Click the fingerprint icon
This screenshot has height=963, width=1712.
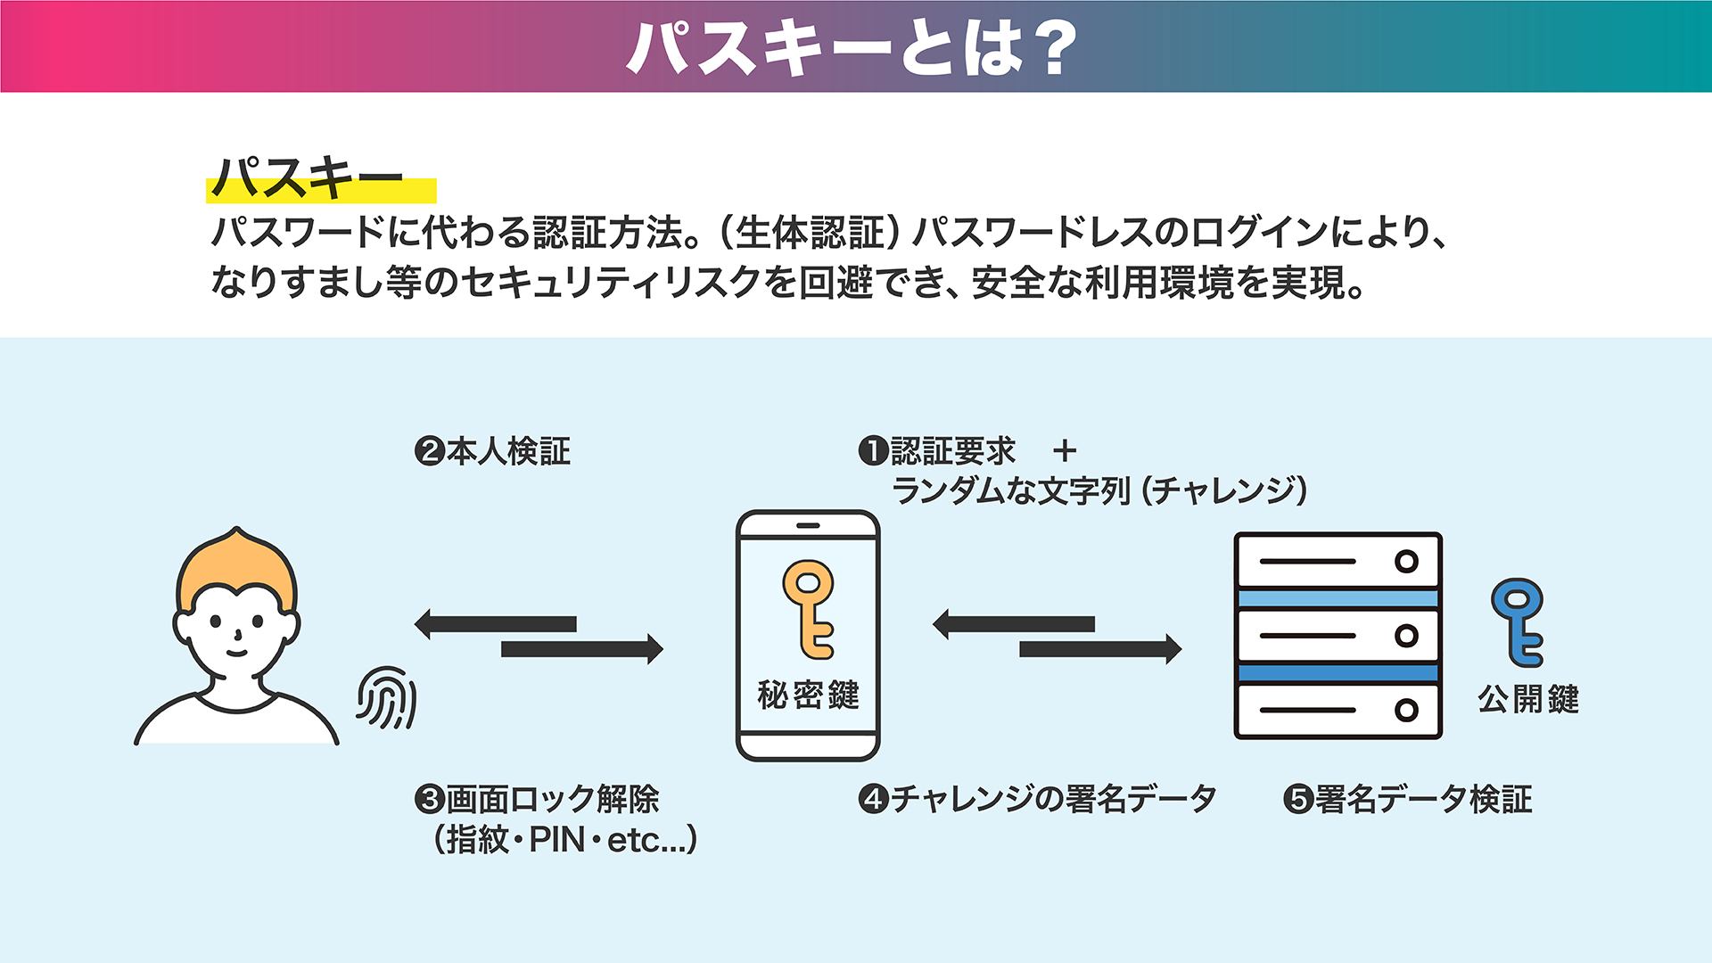[x=387, y=697]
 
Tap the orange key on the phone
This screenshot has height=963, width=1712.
[x=809, y=609]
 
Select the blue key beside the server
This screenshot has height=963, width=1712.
[x=1518, y=621]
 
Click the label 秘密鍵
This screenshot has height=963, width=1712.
[x=808, y=695]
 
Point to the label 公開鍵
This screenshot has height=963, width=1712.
[x=1528, y=699]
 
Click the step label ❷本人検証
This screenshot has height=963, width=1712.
[x=492, y=451]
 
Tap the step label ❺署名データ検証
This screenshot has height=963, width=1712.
[x=1408, y=799]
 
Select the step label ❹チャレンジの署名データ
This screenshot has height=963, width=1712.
[x=1037, y=799]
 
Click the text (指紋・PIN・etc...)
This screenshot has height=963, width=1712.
[x=565, y=840]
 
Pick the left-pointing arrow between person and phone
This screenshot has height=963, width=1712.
[x=496, y=624]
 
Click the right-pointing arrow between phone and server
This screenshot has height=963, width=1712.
[x=1100, y=649]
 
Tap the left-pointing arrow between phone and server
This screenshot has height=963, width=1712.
[x=1014, y=624]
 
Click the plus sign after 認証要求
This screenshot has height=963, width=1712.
[x=1065, y=451]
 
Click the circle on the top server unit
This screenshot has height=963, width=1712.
[x=1407, y=562]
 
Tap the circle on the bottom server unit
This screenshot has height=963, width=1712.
[x=1407, y=710]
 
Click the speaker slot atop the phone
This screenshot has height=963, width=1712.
[x=808, y=526]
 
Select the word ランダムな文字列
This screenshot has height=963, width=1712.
[x=1011, y=490]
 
